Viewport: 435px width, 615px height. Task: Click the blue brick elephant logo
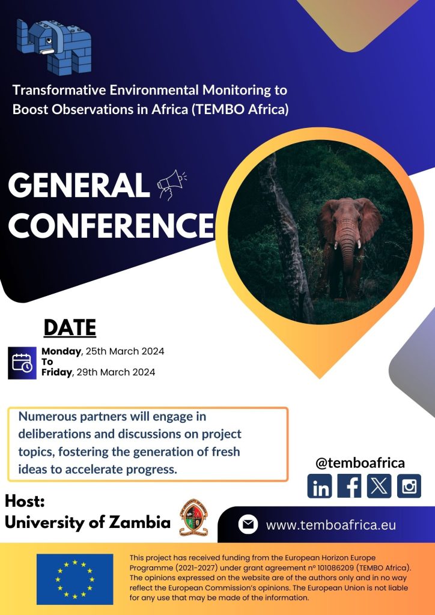[53, 46]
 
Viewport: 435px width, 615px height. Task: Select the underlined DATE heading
[70, 328]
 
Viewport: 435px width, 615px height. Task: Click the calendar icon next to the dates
[22, 363]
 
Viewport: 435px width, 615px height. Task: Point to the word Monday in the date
[61, 351]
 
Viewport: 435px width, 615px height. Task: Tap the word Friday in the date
[57, 372]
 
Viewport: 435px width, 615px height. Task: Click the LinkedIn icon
[320, 486]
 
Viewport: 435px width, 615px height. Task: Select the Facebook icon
[350, 486]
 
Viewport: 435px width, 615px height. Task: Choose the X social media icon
[379, 486]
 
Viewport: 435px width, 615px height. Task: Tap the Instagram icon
[409, 486]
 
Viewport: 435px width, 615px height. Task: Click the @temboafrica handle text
[360, 463]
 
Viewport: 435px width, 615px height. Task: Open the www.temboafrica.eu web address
[331, 525]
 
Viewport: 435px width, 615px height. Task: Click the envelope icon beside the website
[248, 525]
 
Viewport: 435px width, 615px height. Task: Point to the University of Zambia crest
[194, 518]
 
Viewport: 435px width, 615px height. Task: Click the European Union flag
[75, 579]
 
